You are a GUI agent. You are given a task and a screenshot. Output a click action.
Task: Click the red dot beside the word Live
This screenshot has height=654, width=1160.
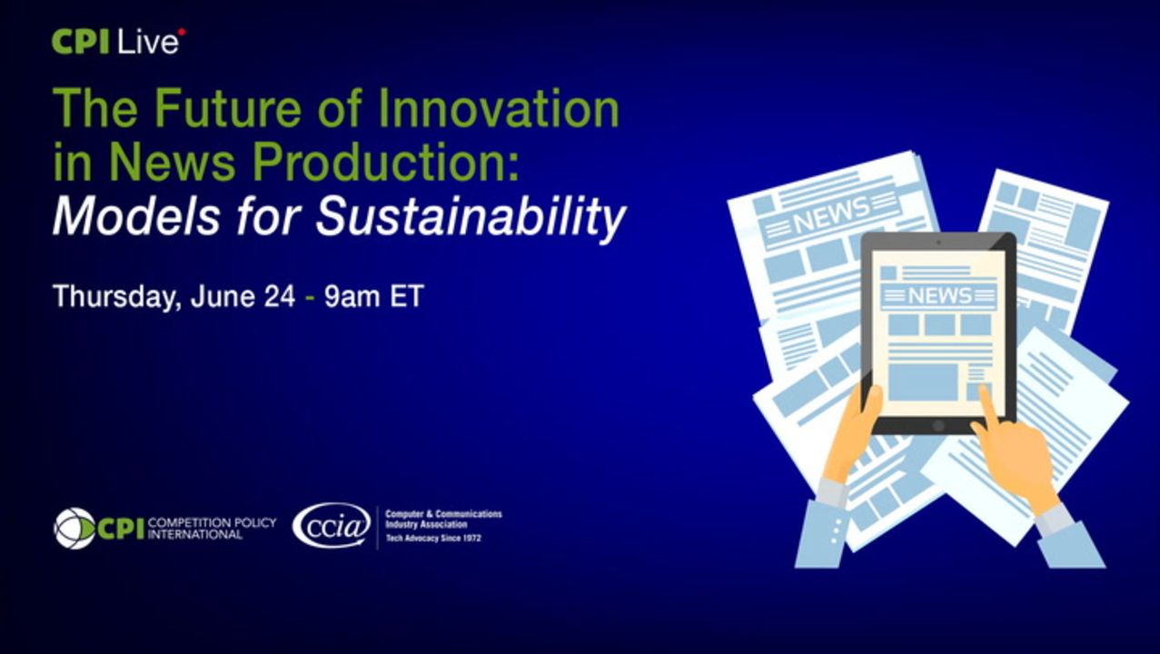click(x=182, y=33)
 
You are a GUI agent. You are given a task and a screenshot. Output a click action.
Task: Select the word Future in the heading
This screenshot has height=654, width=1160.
click(x=227, y=108)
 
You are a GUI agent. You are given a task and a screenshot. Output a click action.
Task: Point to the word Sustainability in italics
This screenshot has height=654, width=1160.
click(x=471, y=216)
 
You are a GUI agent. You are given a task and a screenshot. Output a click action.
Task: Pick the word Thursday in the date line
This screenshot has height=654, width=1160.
click(x=117, y=297)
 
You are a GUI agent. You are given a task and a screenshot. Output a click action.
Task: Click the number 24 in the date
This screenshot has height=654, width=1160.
click(x=280, y=296)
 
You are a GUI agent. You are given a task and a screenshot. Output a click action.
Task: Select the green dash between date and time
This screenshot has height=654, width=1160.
click(x=310, y=298)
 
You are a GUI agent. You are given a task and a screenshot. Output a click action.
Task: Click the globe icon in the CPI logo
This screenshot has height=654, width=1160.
click(x=74, y=528)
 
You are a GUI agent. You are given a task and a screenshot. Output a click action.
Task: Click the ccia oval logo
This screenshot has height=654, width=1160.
click(x=332, y=526)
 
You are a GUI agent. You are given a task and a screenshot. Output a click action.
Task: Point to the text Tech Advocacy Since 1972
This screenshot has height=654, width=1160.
click(x=433, y=539)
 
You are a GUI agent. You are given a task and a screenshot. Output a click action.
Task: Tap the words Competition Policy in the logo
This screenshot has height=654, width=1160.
click(x=212, y=522)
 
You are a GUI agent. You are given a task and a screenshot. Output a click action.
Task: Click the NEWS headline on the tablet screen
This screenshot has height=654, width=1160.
click(x=939, y=296)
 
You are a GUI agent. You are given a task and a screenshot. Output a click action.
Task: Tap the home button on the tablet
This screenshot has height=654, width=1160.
click(x=938, y=426)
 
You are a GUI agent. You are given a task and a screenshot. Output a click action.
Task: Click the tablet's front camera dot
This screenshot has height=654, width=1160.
click(x=938, y=242)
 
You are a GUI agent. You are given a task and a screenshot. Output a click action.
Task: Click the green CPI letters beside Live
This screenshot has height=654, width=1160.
click(x=80, y=42)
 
